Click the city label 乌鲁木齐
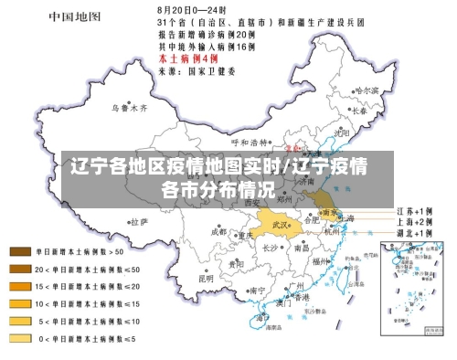click(129, 107)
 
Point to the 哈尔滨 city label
click(365, 90)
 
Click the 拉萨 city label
click(137, 220)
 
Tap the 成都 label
click(218, 231)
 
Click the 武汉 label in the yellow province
click(278, 224)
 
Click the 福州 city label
click(319, 262)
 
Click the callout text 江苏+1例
click(415, 209)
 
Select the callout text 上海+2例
click(415, 221)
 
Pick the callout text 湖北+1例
click(415, 233)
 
